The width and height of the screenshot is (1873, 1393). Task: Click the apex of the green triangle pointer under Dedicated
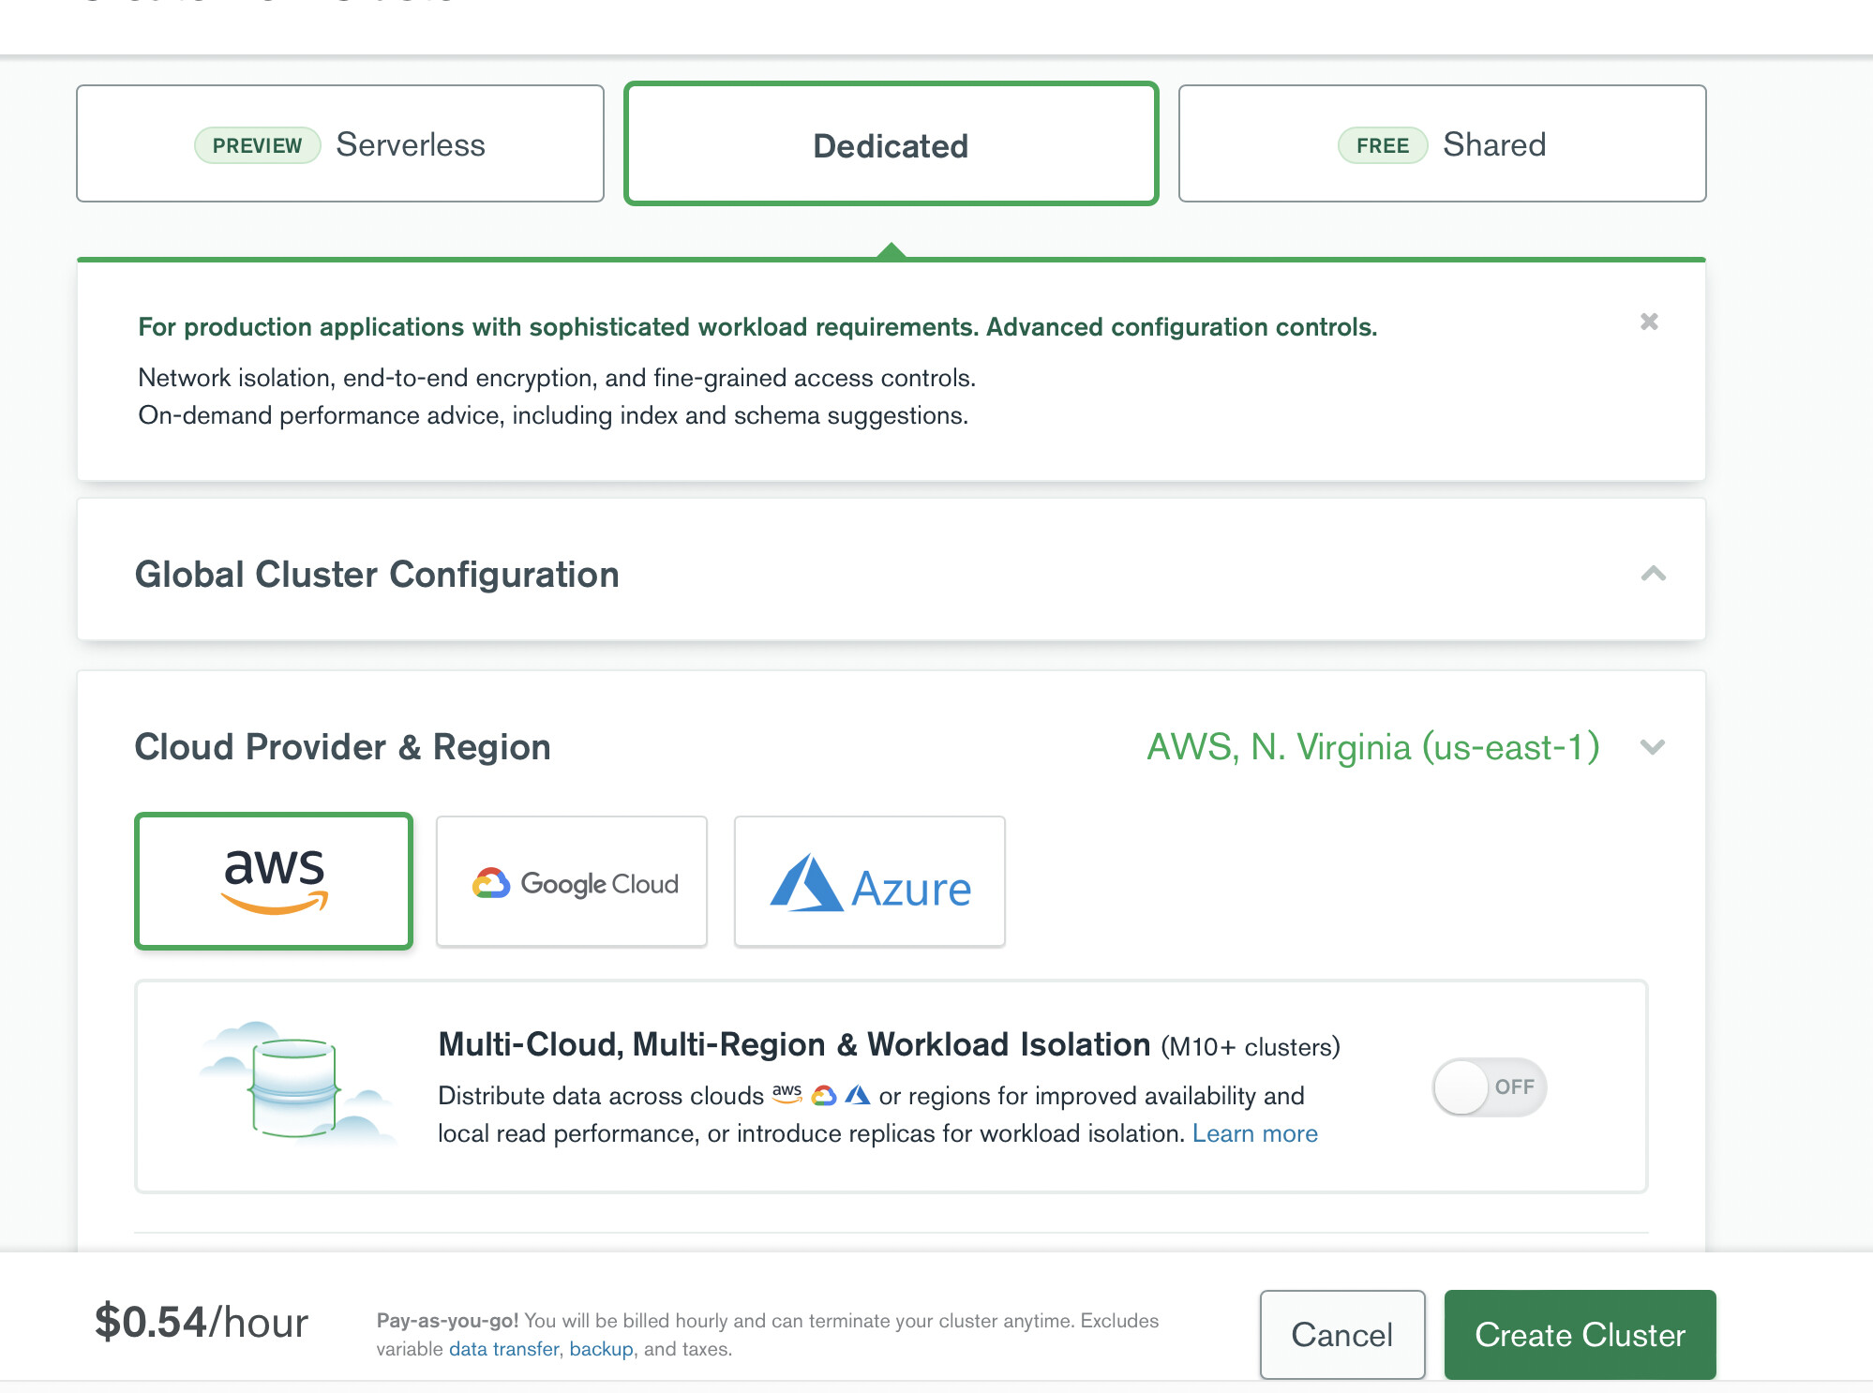point(892,243)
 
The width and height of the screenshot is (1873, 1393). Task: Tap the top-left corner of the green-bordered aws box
point(136,814)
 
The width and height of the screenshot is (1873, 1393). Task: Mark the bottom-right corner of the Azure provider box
point(1005,947)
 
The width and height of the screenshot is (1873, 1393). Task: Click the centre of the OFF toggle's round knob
point(1461,1087)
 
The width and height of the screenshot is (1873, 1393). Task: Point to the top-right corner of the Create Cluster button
point(1716,1291)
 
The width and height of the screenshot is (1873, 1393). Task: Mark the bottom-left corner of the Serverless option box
point(77,201)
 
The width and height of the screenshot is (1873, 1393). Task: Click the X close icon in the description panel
point(1649,322)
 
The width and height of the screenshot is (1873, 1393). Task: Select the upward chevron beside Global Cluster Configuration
point(1654,574)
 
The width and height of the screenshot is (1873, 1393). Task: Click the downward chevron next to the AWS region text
point(1653,747)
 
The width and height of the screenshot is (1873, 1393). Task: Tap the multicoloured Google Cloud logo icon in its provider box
point(491,883)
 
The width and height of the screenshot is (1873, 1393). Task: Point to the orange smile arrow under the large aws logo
point(275,902)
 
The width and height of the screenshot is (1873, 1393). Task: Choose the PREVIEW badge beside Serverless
point(258,145)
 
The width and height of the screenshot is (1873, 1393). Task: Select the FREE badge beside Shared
point(1383,145)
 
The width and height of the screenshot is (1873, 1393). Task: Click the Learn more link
point(1255,1133)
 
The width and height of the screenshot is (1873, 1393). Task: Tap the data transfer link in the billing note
point(504,1349)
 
